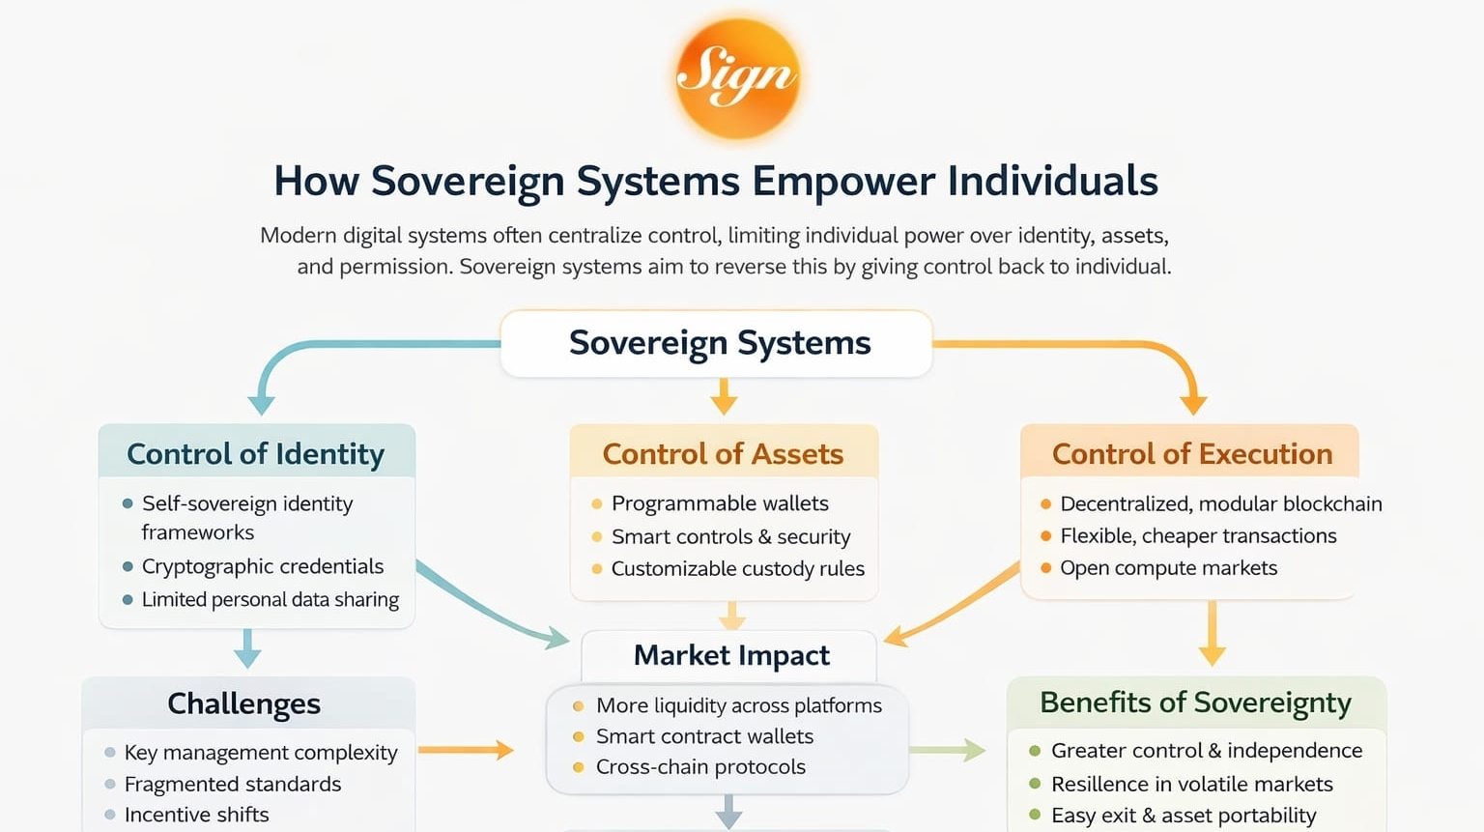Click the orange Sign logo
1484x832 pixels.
click(737, 77)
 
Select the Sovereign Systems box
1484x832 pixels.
click(717, 343)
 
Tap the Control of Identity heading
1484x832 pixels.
click(256, 453)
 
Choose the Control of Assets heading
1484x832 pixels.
click(723, 453)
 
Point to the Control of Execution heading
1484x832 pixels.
click(1191, 453)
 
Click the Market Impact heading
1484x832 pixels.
click(731, 655)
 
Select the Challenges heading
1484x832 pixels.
click(243, 703)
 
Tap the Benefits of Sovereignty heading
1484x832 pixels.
click(1195, 703)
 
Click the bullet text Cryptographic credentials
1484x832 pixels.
click(263, 566)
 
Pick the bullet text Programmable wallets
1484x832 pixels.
click(720, 503)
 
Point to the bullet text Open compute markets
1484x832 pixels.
click(1168, 568)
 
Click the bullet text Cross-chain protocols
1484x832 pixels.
click(700, 767)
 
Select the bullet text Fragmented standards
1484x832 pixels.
click(233, 784)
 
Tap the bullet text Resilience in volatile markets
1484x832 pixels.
click(1191, 784)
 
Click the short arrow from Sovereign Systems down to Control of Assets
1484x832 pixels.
click(724, 395)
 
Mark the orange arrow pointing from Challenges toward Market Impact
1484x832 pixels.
click(466, 750)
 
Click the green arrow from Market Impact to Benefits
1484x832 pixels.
click(947, 750)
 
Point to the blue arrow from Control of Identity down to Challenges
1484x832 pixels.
click(247, 648)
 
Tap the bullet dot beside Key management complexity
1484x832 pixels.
click(110, 753)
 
